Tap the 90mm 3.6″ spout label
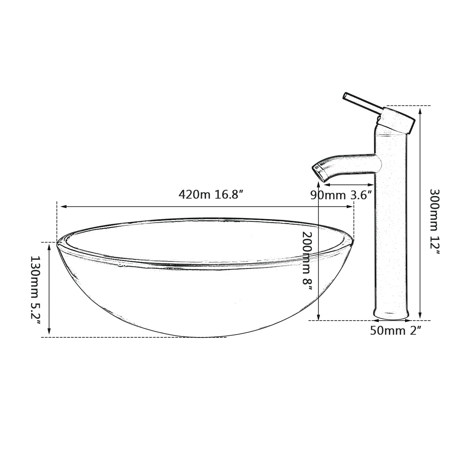pyautogui.click(x=341, y=195)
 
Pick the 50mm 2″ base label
pyautogui.click(x=396, y=331)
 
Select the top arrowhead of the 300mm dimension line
pyautogui.click(x=420, y=110)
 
